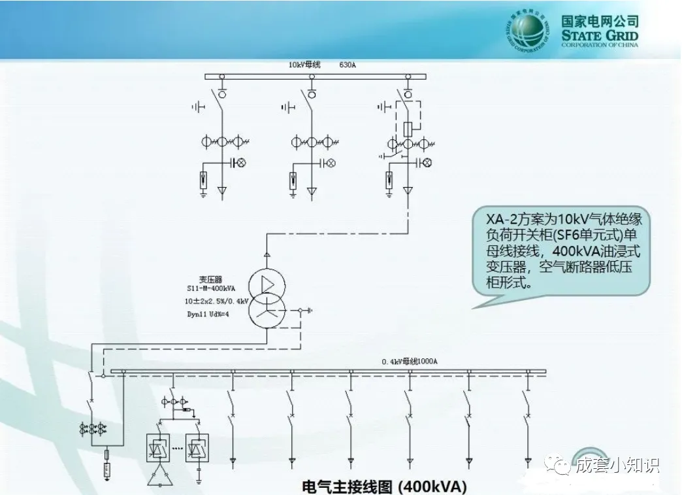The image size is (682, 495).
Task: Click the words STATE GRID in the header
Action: coord(600,36)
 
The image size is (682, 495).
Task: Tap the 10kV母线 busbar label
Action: coord(304,65)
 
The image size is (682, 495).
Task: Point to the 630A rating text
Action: coord(348,65)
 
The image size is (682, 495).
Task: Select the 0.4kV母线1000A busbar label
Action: coord(410,361)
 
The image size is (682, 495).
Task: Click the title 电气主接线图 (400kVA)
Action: coord(385,486)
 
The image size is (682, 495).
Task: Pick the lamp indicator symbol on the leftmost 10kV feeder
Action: coord(239,162)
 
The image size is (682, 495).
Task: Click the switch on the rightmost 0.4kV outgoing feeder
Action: coord(526,399)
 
